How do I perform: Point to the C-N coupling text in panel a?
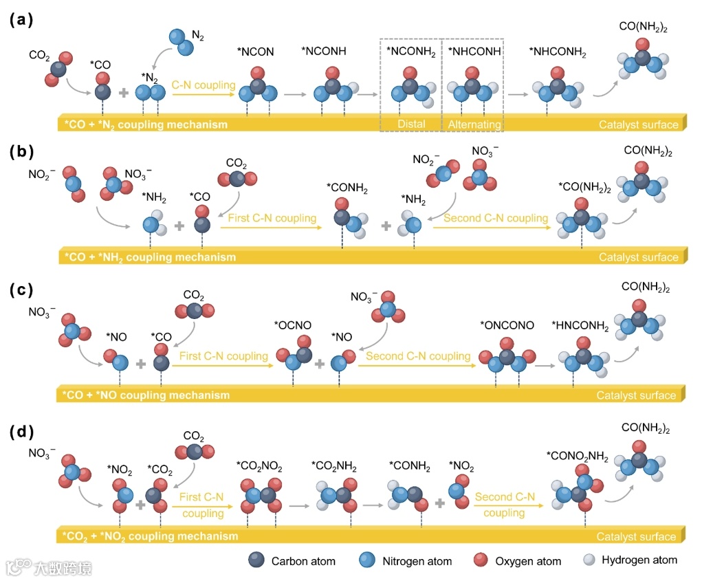(x=204, y=85)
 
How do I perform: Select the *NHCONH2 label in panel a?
(x=558, y=52)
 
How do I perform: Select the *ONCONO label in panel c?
(x=506, y=325)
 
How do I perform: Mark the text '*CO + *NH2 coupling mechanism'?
(x=149, y=258)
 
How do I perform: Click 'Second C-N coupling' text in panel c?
(x=417, y=356)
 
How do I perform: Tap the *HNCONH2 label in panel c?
(x=580, y=327)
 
